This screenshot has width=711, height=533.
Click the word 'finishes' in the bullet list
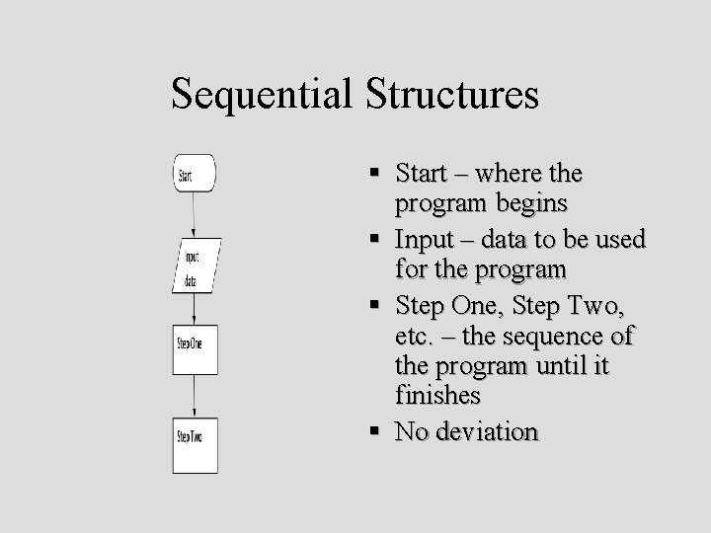(437, 396)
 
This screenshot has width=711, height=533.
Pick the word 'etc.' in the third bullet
(413, 337)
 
